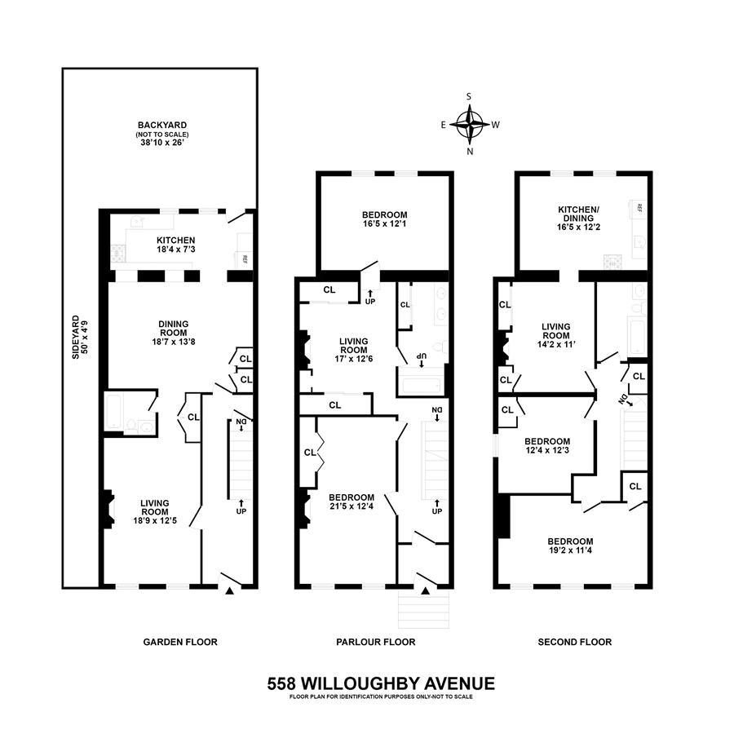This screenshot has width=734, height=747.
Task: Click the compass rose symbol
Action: (469, 125)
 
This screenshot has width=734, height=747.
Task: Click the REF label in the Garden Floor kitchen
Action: (245, 259)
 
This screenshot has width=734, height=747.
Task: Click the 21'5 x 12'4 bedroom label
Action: (352, 502)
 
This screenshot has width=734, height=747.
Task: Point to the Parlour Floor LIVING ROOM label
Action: (352, 351)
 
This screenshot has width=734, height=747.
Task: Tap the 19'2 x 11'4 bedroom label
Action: (570, 546)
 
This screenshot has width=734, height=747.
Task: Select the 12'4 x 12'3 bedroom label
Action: (546, 447)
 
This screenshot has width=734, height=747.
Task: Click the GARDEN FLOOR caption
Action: (180, 642)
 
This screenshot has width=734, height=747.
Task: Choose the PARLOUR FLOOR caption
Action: (376, 642)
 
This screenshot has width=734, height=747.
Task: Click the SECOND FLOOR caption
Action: (574, 642)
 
